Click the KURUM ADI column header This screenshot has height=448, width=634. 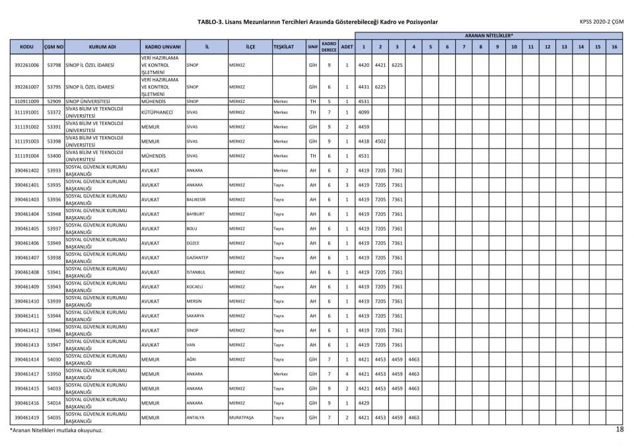coord(102,47)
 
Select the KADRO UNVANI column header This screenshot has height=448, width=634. coord(162,47)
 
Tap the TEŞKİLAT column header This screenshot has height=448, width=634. coord(288,47)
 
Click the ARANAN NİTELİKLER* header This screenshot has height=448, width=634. coord(489,35)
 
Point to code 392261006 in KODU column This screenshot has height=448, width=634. coord(26,65)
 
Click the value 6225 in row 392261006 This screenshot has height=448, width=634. coord(397,65)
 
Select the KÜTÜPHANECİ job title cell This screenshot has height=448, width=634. coord(157,112)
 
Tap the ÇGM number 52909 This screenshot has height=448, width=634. coord(54,101)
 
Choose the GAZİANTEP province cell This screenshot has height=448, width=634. coord(197,258)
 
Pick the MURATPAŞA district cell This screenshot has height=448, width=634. coord(241,418)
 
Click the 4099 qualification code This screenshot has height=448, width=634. coord(363,112)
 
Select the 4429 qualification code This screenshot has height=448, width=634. coord(363,403)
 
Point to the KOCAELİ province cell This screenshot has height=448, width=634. coord(195,287)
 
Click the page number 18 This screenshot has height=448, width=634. coord(619,429)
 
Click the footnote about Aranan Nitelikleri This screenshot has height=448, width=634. coord(55,430)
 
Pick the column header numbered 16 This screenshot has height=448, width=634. coord(614,47)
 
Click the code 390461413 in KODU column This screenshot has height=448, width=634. coord(26,345)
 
